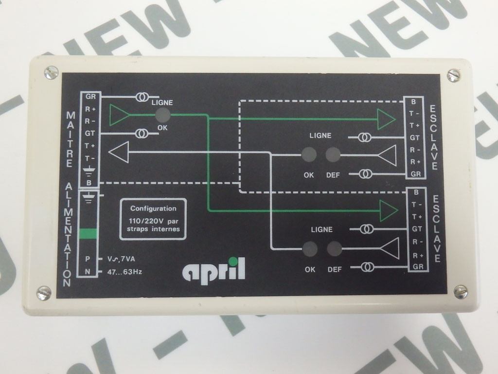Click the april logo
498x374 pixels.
pos(213,270)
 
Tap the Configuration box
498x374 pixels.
pos(153,219)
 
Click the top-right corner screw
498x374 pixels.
pos(453,75)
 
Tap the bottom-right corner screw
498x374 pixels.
pos(460,291)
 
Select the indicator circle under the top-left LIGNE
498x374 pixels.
pos(162,115)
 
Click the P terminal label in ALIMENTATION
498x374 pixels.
pos(88,259)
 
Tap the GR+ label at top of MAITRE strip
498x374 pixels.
pos(90,96)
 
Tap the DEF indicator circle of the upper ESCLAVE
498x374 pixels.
pos(333,155)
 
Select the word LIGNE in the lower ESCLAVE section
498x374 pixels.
pos(321,229)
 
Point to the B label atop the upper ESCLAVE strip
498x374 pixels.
pos(413,102)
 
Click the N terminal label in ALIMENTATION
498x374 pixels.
pos(88,272)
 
